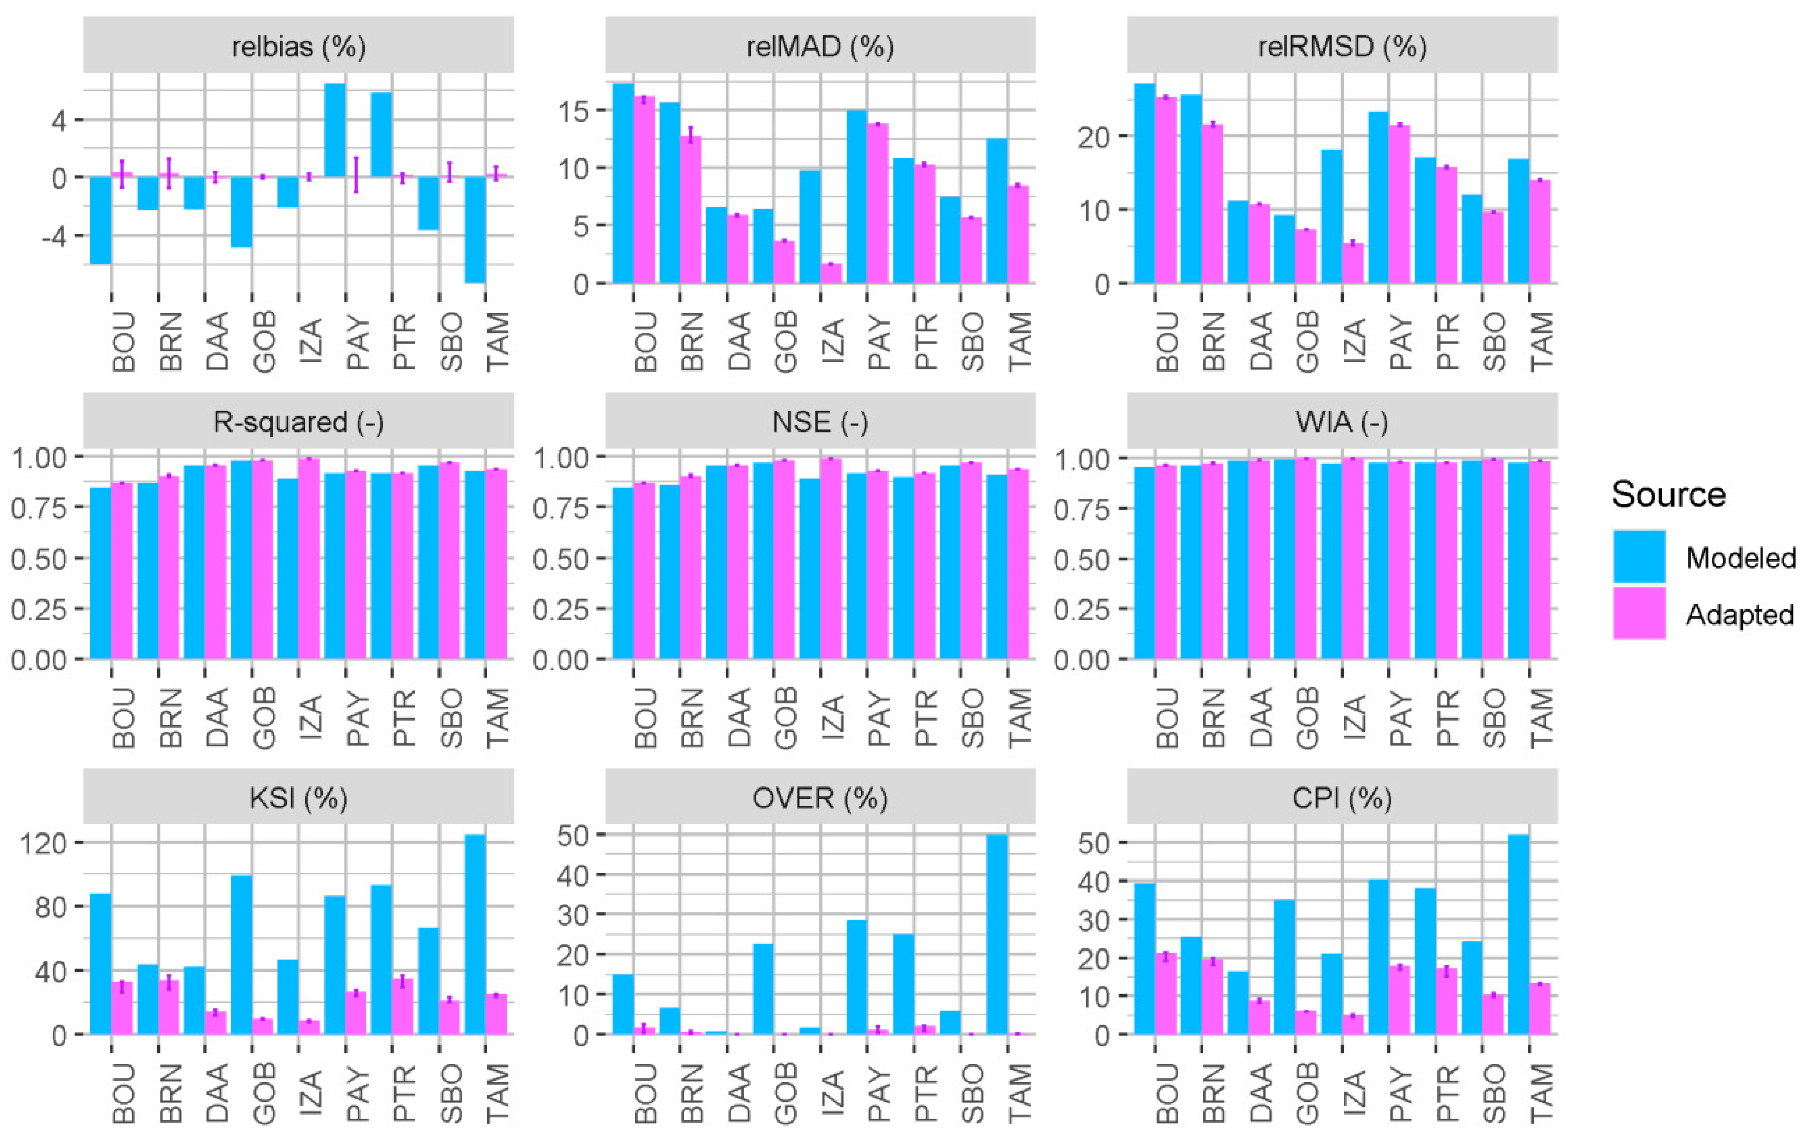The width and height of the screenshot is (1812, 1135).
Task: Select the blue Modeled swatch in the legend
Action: coord(1639,556)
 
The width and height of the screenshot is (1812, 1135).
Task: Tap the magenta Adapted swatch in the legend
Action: coord(1639,613)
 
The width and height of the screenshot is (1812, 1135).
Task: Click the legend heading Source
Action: coord(1668,495)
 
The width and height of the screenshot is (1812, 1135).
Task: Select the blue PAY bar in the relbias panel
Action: coord(335,130)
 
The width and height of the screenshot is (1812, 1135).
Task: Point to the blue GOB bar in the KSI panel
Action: coord(241,954)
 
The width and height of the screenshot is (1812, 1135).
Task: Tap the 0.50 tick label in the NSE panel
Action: coord(559,559)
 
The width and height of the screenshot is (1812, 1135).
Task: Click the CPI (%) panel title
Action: coord(1341,797)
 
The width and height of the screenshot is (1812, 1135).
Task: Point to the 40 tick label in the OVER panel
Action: coord(574,875)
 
